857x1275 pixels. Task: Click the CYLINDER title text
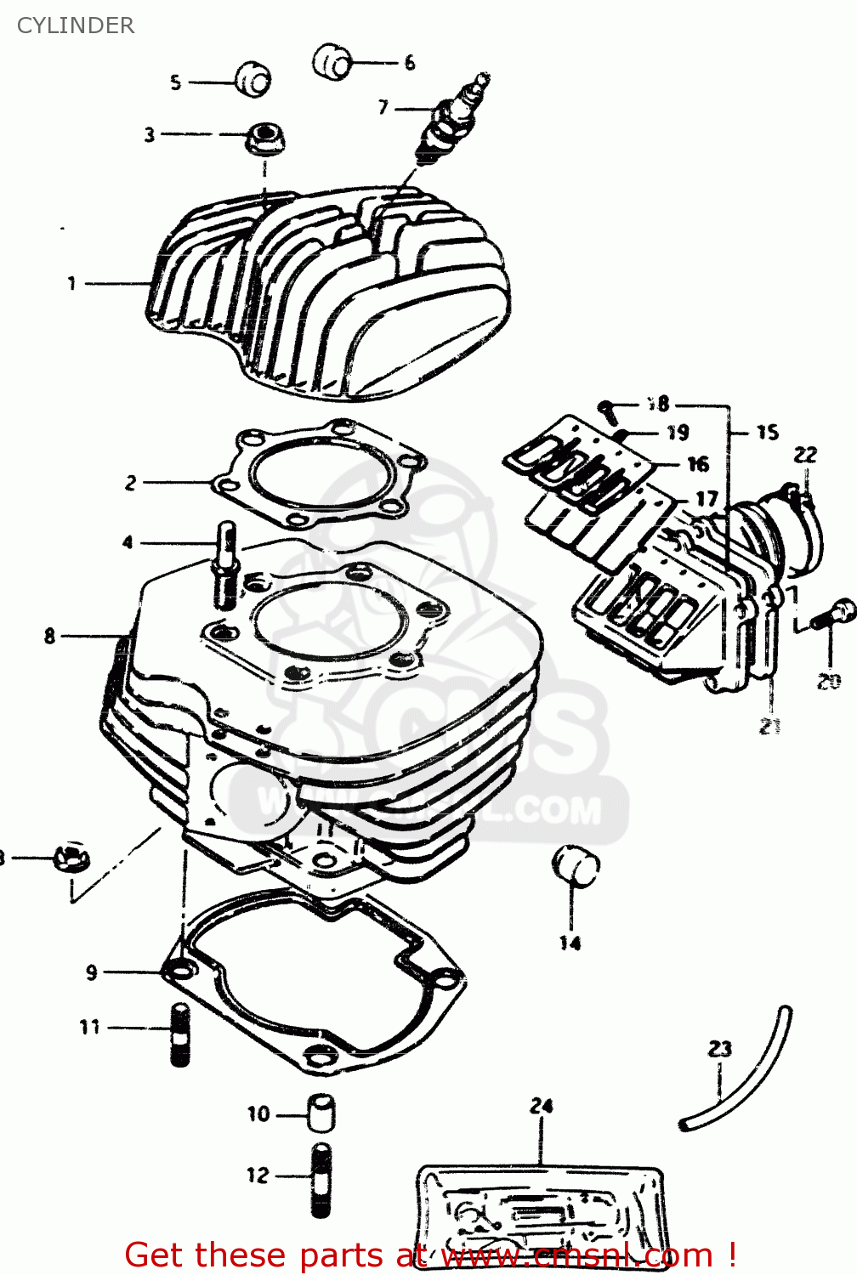pyautogui.click(x=76, y=25)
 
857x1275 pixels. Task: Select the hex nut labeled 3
pyautogui.click(x=265, y=138)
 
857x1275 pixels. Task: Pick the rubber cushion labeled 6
pyautogui.click(x=332, y=60)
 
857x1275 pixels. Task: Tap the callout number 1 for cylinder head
pyautogui.click(x=72, y=283)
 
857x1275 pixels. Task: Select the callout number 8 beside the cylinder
pyautogui.click(x=50, y=636)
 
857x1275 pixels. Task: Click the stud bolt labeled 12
pyautogui.click(x=321, y=1180)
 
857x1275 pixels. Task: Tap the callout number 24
pyautogui.click(x=542, y=1106)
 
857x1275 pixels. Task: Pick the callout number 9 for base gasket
pyautogui.click(x=92, y=972)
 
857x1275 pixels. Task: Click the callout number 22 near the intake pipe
pyautogui.click(x=805, y=455)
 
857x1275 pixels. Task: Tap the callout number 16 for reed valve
pyautogui.click(x=698, y=464)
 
